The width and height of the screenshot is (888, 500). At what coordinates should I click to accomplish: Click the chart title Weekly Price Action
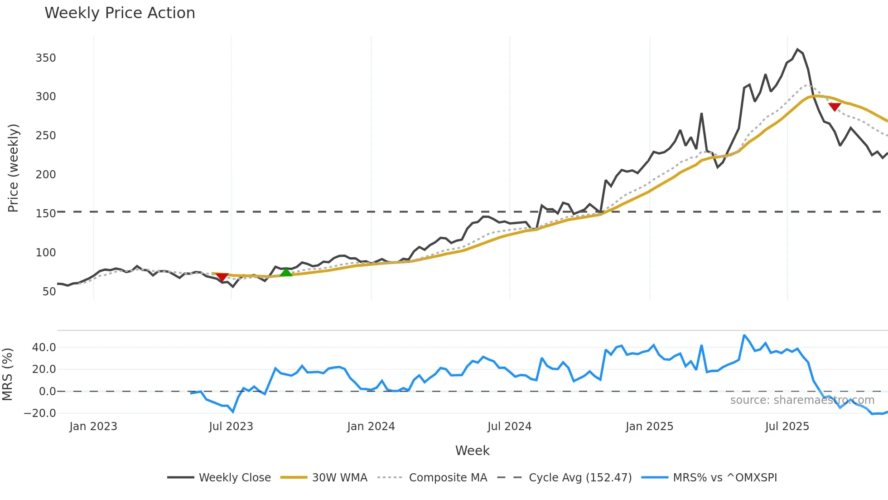point(120,13)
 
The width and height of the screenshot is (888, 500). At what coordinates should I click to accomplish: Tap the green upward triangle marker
point(286,272)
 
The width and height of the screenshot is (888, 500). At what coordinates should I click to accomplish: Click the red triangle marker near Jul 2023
point(222,277)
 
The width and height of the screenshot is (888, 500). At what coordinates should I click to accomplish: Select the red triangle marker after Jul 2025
point(835,107)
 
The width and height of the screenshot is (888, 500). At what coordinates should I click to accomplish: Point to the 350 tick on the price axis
point(46,58)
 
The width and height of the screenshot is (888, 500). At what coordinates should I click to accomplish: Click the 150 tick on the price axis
point(46,214)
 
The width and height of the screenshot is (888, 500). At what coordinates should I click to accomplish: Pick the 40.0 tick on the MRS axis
point(44,348)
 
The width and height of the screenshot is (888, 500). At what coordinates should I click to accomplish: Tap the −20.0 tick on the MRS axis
point(40,413)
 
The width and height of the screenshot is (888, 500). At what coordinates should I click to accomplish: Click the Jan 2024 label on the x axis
point(371,426)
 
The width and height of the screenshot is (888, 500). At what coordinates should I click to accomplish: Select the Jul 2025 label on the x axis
point(787,426)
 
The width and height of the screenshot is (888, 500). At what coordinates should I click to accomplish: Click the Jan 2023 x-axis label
point(93,426)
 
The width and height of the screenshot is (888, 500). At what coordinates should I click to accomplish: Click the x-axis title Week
point(472,451)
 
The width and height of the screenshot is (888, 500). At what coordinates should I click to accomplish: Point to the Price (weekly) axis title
point(13,168)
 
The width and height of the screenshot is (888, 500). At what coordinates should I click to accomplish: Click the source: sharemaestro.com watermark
point(802,400)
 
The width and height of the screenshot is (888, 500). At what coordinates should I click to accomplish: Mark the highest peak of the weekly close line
point(798,49)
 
